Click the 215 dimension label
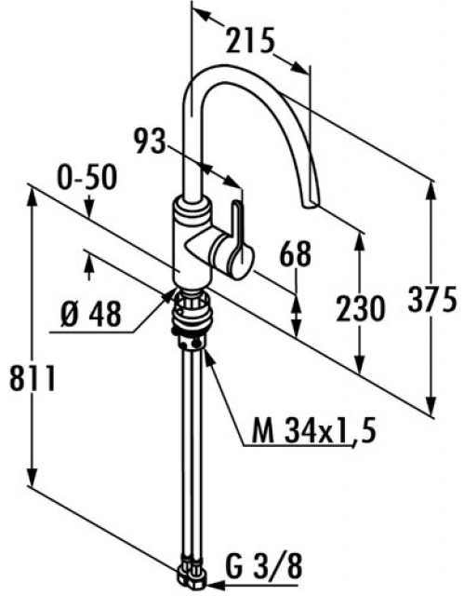click(x=250, y=40)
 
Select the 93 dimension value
click(x=151, y=141)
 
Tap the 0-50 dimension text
click(x=87, y=178)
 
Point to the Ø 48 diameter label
click(x=91, y=314)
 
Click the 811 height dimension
click(x=33, y=378)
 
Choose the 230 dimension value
click(x=361, y=308)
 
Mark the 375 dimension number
click(x=432, y=298)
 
